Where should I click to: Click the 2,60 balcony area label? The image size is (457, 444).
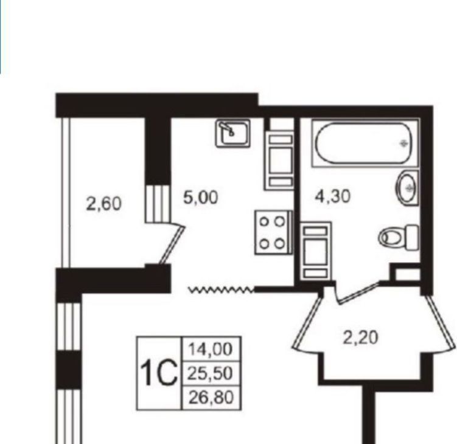103,204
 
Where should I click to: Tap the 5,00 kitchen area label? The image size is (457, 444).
201,197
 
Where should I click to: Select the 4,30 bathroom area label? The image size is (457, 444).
332,196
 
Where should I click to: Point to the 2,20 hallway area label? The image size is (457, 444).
360,338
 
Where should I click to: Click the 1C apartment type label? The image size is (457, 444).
159,373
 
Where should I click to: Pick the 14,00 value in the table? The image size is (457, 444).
211,349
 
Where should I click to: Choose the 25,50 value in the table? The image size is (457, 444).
211,373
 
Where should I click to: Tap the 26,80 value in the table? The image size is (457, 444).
211,397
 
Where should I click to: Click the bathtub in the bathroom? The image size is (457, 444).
365,143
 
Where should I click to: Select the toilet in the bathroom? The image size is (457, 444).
399,237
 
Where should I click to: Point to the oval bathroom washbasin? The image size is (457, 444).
407,188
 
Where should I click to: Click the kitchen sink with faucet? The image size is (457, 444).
233,133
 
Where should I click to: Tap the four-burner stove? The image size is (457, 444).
273,232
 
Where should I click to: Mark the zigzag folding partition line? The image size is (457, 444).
222,290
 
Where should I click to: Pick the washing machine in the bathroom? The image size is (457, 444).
315,251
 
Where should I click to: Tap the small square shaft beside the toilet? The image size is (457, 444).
408,275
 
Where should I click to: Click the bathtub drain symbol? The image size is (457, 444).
404,144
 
